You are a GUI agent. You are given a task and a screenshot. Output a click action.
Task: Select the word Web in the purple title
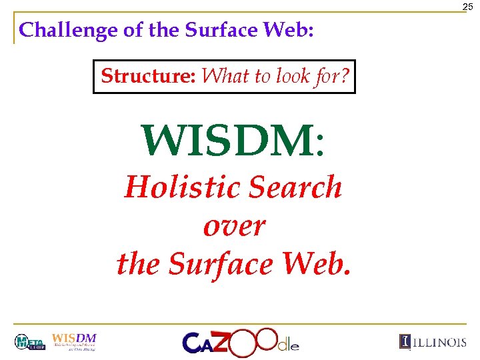(287, 30)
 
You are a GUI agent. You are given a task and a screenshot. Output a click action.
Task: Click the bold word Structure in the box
(147, 76)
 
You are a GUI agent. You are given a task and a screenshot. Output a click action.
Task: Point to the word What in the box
(225, 76)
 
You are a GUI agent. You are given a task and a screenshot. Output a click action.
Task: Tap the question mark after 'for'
(343, 76)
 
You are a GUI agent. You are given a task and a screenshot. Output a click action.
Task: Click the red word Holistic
(177, 187)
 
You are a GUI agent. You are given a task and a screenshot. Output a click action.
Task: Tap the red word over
(233, 226)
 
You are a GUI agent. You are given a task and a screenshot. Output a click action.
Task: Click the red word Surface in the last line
(221, 265)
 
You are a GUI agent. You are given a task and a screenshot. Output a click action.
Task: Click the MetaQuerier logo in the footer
(29, 343)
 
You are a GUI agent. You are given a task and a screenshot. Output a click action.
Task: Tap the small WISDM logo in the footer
(74, 341)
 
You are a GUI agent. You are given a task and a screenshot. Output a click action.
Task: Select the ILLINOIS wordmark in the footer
(433, 342)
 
